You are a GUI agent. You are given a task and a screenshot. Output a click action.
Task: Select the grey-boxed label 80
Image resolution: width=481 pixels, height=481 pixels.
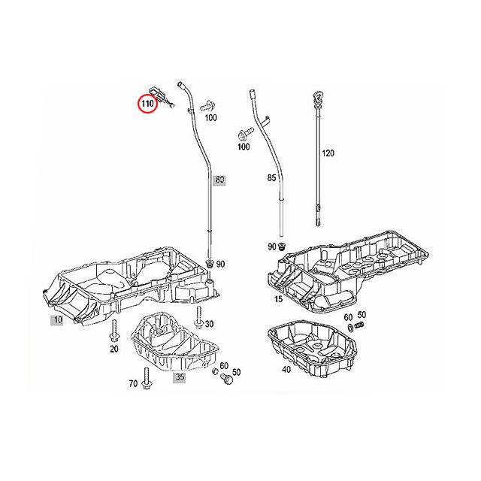pyautogui.click(x=219, y=180)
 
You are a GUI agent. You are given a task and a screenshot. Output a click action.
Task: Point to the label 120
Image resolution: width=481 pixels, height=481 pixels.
pyautogui.click(x=327, y=153)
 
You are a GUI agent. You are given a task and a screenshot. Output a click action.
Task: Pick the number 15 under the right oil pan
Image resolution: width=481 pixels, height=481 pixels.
pyautogui.click(x=278, y=300)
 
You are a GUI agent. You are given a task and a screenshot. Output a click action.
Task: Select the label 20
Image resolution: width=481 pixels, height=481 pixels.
pyautogui.click(x=113, y=349)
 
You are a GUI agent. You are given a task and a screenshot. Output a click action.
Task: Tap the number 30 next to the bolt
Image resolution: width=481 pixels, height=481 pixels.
pyautogui.click(x=209, y=324)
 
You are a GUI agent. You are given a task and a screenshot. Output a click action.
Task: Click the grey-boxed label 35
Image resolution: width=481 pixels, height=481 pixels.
pyautogui.click(x=180, y=378)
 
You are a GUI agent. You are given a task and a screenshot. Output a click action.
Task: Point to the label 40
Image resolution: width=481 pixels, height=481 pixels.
pyautogui.click(x=286, y=370)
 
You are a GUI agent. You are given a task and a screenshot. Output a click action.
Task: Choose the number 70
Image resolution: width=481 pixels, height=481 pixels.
pyautogui.click(x=133, y=383)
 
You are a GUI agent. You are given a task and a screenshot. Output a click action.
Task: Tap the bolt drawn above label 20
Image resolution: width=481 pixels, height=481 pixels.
pyautogui.click(x=113, y=328)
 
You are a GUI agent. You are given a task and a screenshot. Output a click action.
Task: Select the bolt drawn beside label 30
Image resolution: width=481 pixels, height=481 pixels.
pyautogui.click(x=197, y=319)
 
